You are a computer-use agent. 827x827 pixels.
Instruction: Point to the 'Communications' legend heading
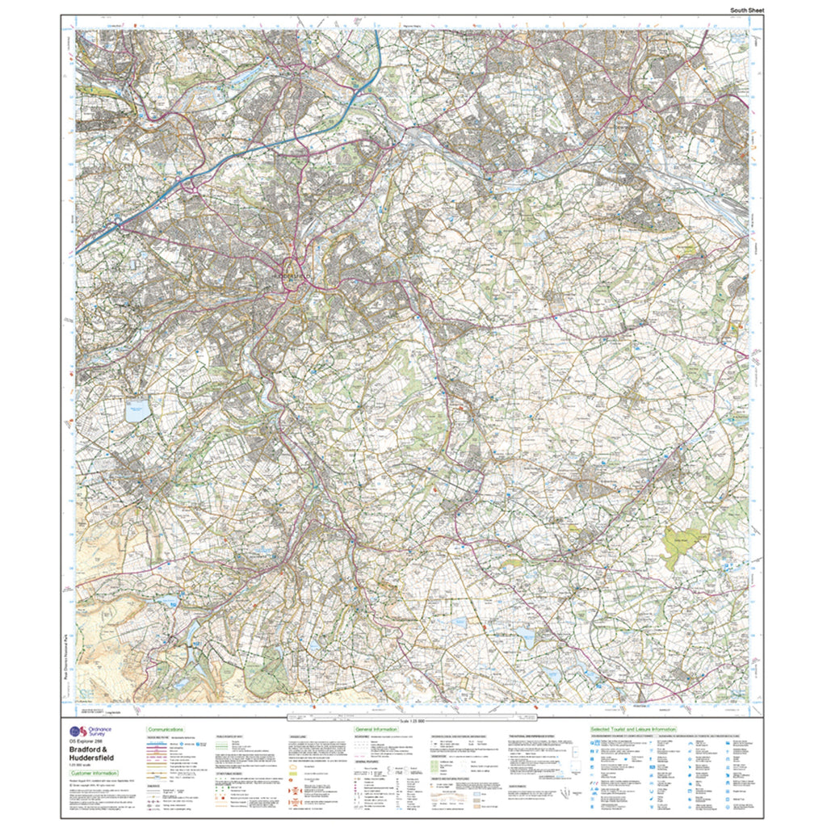166,728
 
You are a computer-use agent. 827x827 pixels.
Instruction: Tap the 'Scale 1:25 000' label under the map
412,720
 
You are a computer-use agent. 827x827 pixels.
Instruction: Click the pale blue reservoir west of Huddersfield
136,409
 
